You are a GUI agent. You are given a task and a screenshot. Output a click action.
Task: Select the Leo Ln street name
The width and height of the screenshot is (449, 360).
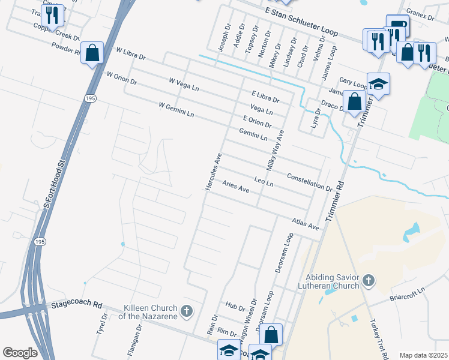pyautogui.click(x=264, y=181)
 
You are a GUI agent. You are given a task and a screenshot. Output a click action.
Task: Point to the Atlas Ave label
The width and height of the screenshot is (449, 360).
pyautogui.click(x=305, y=224)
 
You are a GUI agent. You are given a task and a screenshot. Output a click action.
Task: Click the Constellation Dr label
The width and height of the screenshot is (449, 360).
pyautogui.click(x=310, y=182)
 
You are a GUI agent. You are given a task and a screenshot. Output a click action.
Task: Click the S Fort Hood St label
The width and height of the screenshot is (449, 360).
pyautogui.click(x=53, y=184)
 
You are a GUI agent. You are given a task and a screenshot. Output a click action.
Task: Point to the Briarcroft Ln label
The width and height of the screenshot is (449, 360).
pyautogui.click(x=407, y=292)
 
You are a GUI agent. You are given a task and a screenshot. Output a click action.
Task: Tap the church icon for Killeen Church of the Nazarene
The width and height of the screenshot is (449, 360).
pyautogui.click(x=187, y=311)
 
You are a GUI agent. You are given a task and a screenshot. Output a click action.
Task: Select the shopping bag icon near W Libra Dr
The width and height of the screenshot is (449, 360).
pyautogui.click(x=93, y=53)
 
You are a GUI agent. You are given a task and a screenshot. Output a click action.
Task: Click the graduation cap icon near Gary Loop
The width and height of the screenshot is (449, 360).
pyautogui.click(x=379, y=84)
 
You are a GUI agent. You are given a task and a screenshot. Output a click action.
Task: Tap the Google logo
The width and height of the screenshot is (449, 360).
pyautogui.click(x=20, y=353)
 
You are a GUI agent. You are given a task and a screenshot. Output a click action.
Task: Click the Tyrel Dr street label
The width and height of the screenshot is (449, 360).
pyautogui.click(x=101, y=324)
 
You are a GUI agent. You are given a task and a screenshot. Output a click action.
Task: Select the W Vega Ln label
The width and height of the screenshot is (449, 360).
pyautogui.click(x=184, y=84)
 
